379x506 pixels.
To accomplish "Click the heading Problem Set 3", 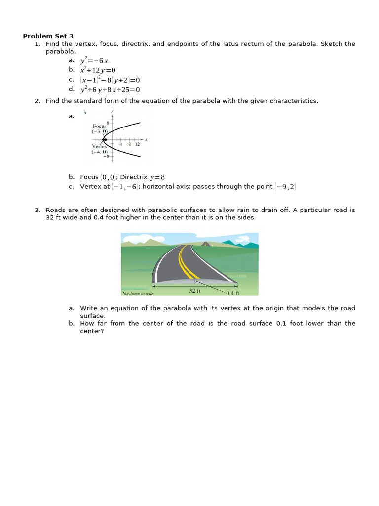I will point(48,36).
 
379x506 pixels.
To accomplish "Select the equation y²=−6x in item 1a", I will point(94,61).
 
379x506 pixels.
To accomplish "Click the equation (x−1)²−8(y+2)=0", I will point(110,80).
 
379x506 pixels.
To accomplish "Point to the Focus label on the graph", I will point(99,126).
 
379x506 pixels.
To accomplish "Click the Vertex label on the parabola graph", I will point(99,147).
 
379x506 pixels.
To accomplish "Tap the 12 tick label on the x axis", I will point(137,144).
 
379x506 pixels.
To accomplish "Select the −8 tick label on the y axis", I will point(105,156).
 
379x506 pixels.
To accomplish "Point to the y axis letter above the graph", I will point(112,110).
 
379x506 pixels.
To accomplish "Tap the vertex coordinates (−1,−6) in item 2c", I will point(126,186).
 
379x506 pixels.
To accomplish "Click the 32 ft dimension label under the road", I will point(195,291).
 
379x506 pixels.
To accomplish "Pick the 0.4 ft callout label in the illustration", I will point(232,293).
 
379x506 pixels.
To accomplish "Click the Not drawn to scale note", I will point(138,293).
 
